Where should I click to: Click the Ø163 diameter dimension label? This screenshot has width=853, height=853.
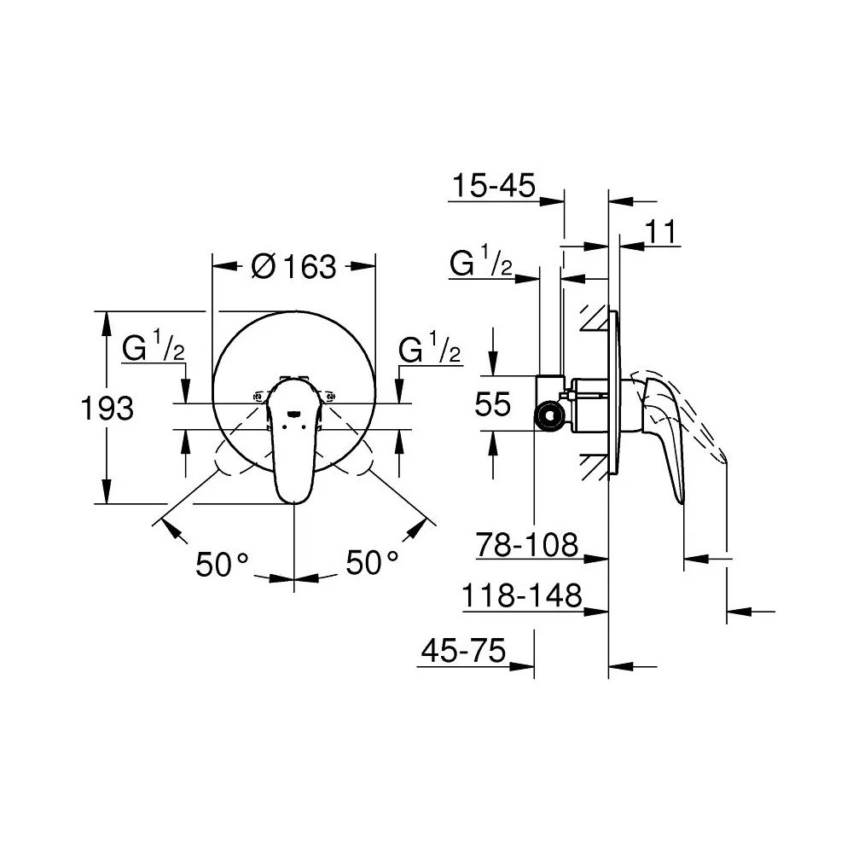click(x=293, y=266)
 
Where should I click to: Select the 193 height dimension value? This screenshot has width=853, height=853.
click(x=107, y=408)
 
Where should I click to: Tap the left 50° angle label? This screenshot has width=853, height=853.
click(x=222, y=564)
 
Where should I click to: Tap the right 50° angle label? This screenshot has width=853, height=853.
click(x=372, y=562)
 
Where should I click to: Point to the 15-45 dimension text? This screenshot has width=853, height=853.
click(x=494, y=185)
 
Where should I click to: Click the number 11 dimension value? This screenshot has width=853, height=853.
click(x=661, y=232)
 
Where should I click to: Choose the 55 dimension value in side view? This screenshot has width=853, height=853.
click(x=493, y=404)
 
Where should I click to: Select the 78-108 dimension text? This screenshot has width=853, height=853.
click(x=526, y=544)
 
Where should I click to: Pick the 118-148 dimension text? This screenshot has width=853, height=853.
click(x=522, y=595)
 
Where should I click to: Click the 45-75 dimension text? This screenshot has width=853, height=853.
click(x=463, y=650)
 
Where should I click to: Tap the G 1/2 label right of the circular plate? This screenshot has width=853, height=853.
click(x=430, y=348)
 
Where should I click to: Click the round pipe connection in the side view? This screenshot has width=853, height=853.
click(x=550, y=417)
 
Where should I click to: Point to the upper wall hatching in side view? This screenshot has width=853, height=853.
click(x=594, y=317)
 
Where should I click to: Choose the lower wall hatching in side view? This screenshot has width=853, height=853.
click(x=594, y=467)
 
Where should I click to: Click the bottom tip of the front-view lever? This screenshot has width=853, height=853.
click(x=293, y=502)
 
